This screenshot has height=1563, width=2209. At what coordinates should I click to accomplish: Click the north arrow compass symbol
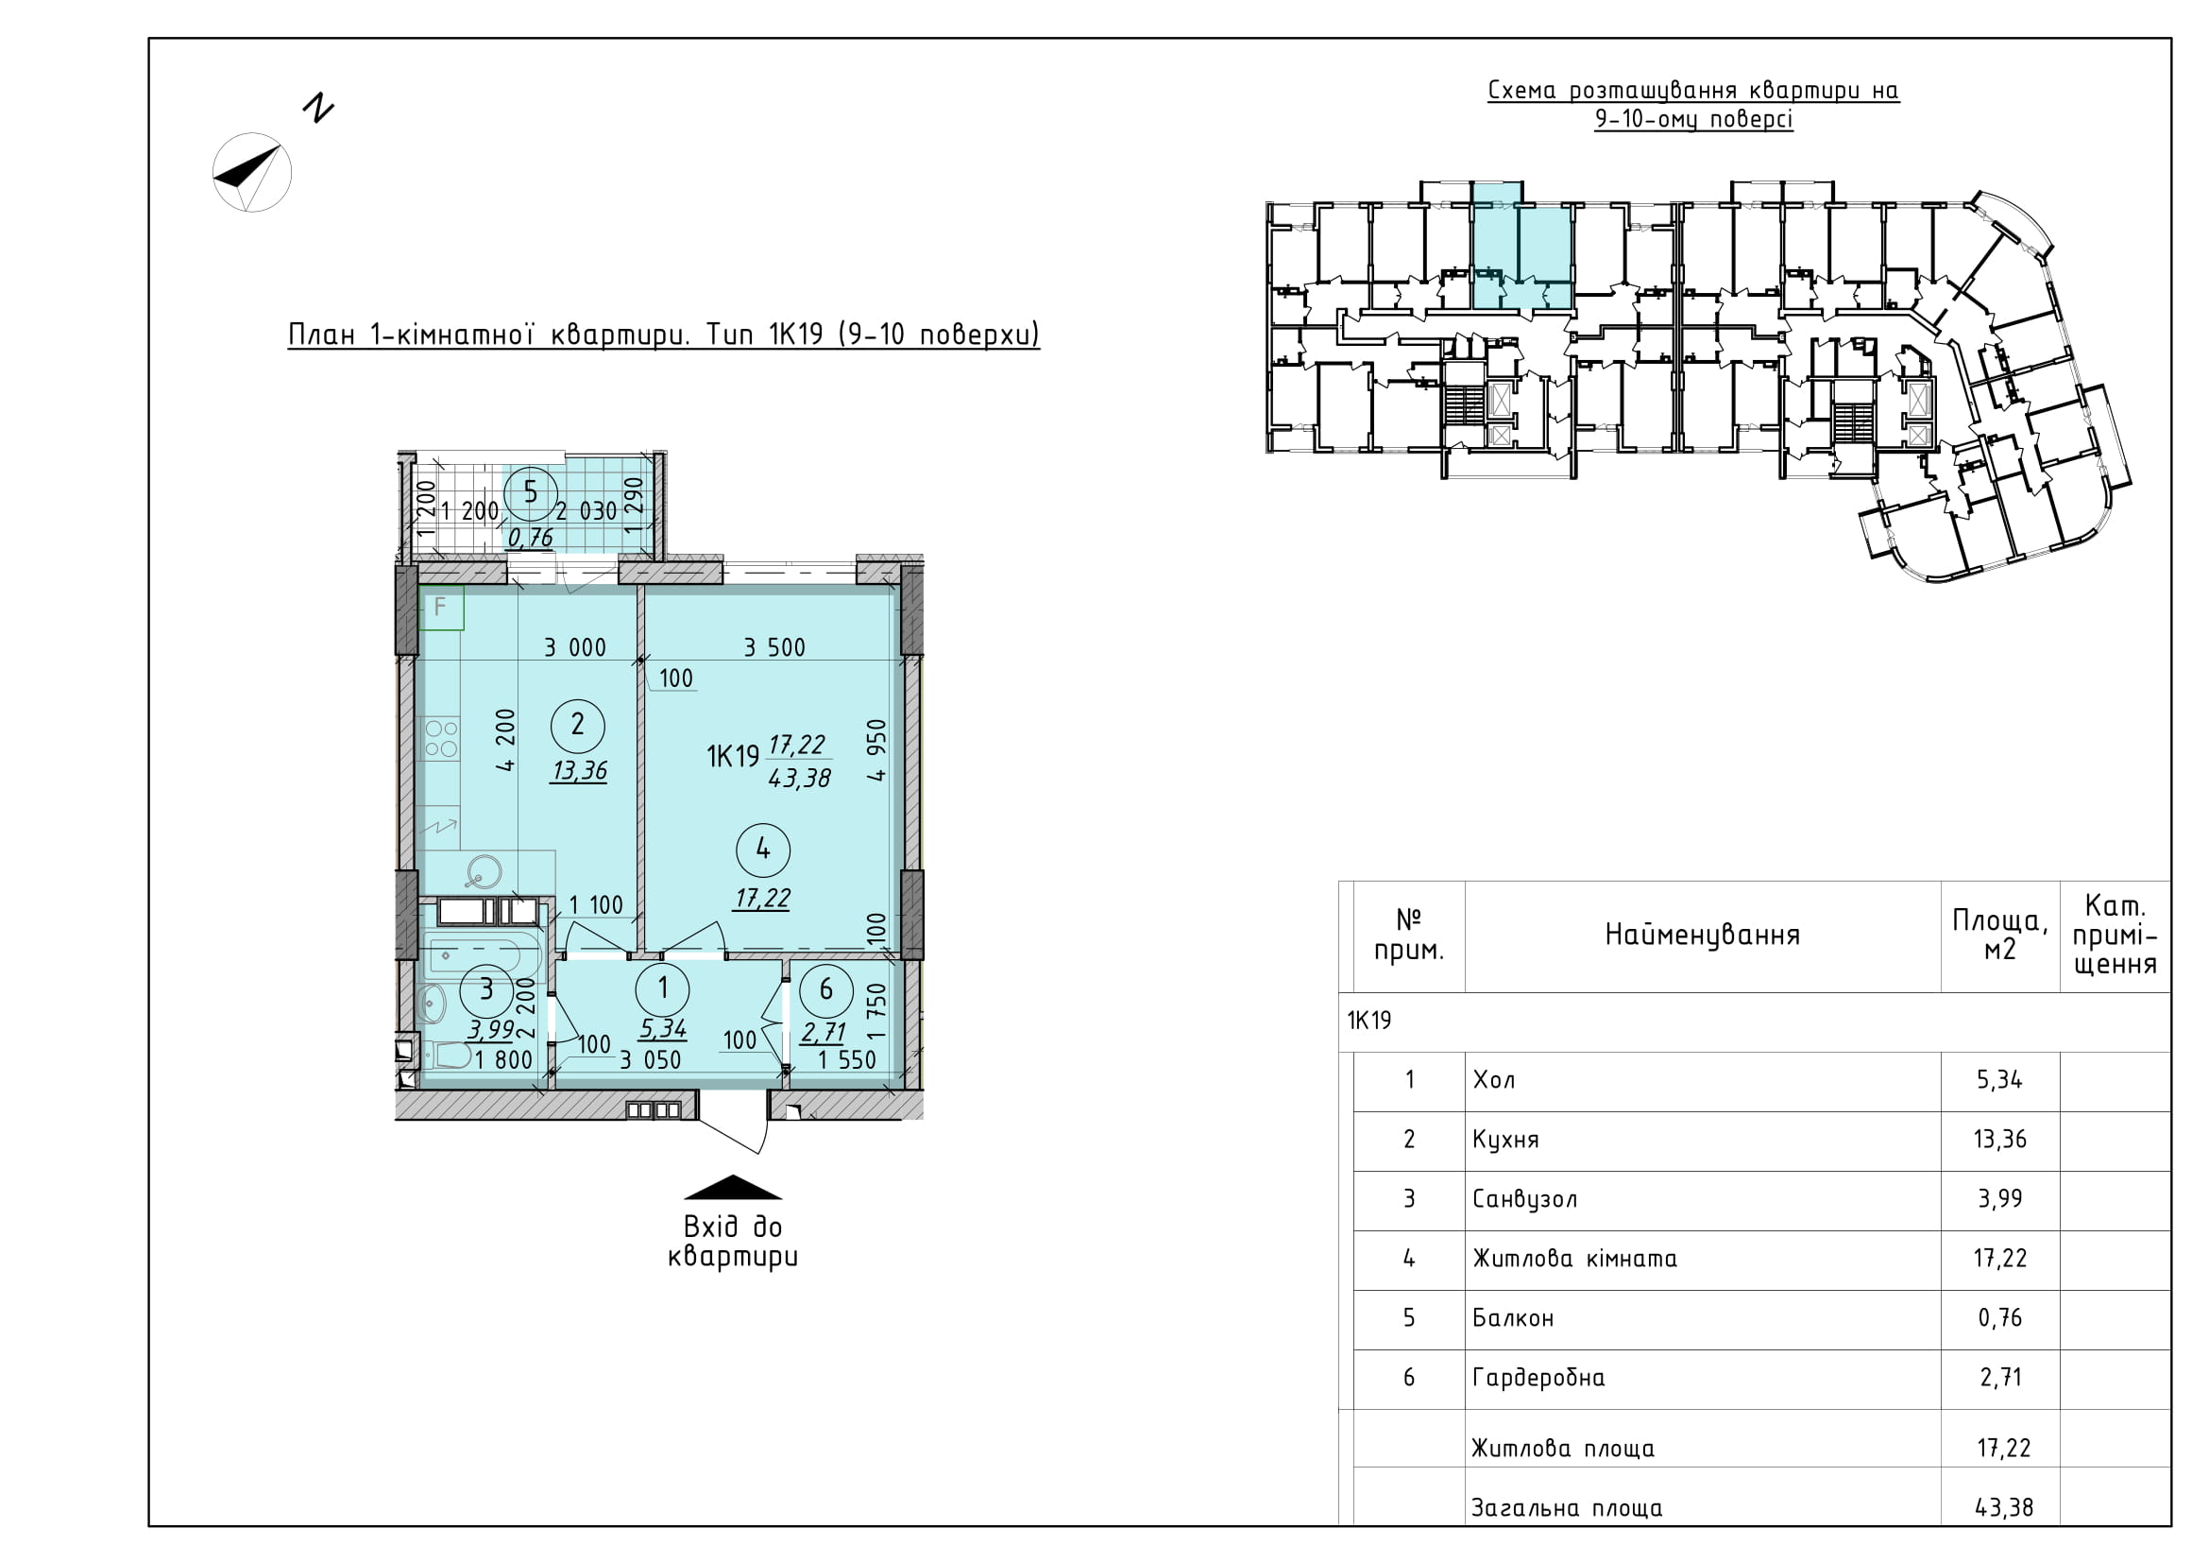pos(251,172)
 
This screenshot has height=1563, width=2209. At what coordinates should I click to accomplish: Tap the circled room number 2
pos(577,725)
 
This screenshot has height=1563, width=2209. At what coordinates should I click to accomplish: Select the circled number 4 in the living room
pos(763,849)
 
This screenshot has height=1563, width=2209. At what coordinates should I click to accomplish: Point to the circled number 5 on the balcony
pos(530,492)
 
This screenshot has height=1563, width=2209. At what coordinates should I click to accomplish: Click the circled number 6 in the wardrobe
pos(825,989)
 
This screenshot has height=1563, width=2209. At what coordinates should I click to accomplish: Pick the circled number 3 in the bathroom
pos(486,989)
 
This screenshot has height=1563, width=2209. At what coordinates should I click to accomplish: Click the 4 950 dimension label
pos(875,750)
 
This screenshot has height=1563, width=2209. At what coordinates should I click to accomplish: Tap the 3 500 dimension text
pos(774,647)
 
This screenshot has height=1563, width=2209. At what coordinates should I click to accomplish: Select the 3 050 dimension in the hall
pos(651,1060)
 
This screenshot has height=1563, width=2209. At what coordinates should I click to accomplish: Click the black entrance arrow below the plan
pos(733,1188)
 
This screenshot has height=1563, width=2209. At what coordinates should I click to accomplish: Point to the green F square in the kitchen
pos(442,608)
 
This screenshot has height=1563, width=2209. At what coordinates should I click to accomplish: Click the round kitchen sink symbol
pos(481,873)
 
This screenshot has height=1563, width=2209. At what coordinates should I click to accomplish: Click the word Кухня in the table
pos(1505,1140)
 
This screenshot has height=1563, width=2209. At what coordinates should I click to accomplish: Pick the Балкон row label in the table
pos(1513,1318)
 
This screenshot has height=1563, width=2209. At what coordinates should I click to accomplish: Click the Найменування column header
pos(1702,935)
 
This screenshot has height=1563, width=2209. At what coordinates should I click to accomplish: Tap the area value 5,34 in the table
pos(2000,1080)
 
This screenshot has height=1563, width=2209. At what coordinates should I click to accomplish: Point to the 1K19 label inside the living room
pos(733,757)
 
